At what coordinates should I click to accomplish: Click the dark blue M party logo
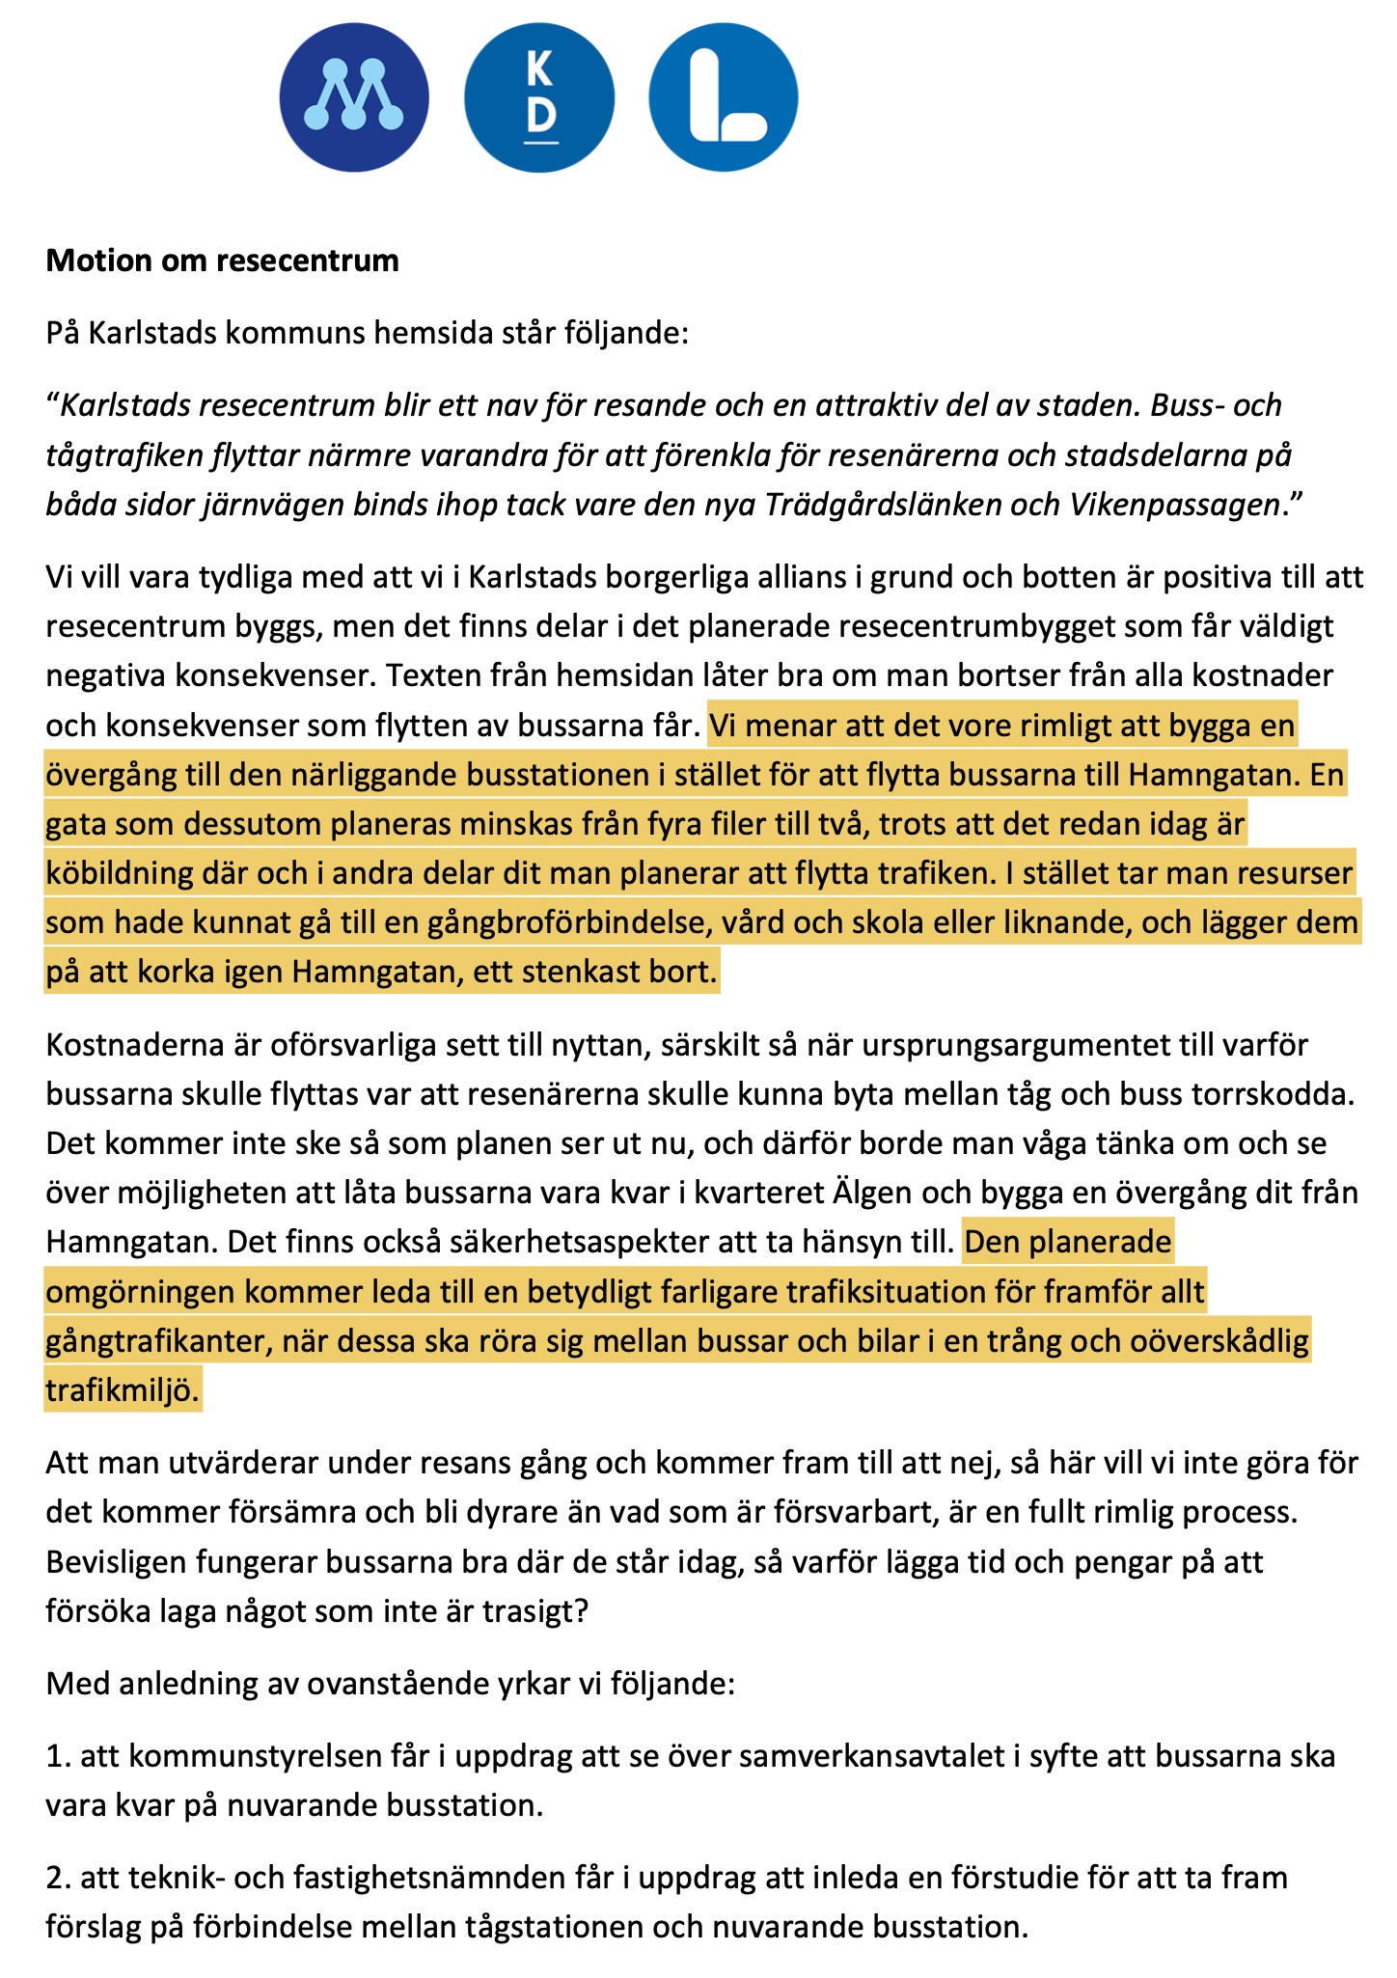pos(354,97)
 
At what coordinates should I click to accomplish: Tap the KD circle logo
pos(539,97)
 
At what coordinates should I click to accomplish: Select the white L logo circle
pos(724,97)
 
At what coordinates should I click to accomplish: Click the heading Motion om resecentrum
pos(222,261)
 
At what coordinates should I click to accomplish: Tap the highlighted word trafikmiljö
pos(123,1390)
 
